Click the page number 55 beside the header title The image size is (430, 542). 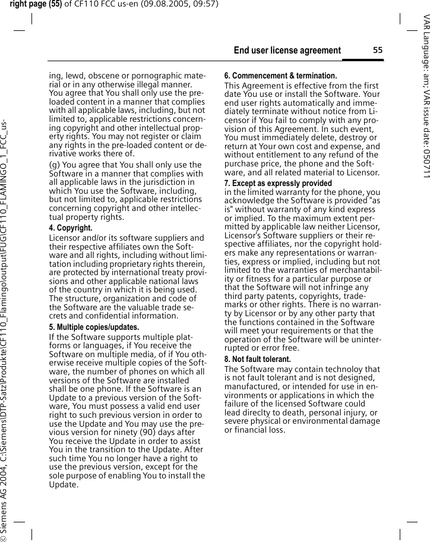pos(378,51)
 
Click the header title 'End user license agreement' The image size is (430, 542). pos(287,51)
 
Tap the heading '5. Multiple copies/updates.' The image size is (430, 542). pos(94,327)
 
